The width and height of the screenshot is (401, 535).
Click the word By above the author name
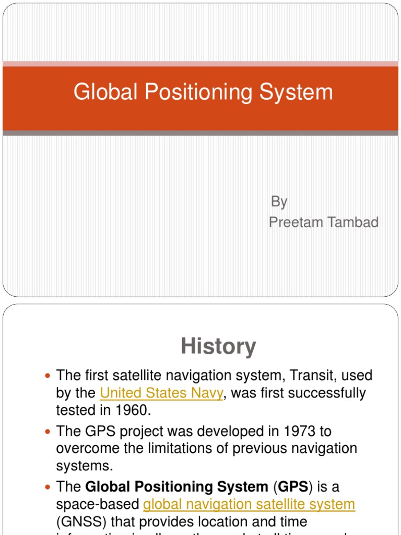(x=279, y=202)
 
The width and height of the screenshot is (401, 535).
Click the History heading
(x=218, y=346)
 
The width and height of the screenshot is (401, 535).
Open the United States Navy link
(x=161, y=393)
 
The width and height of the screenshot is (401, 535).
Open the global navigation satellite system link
(x=249, y=504)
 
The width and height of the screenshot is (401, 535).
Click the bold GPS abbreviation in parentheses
(x=292, y=487)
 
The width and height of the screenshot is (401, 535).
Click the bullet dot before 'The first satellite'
(x=48, y=376)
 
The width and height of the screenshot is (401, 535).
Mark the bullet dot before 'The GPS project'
(x=48, y=432)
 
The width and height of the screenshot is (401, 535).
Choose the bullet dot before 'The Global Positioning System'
(x=48, y=487)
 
